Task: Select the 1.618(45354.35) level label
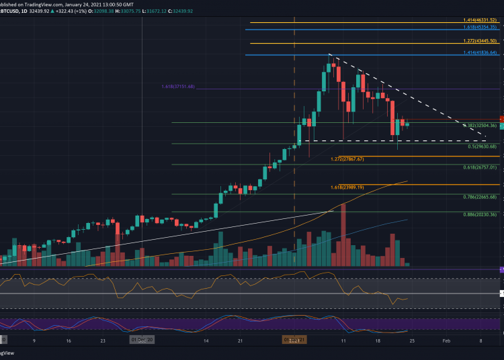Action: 478,28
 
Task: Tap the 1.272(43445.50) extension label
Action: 478,42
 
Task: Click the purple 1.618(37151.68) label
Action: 178,87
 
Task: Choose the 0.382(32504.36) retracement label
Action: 479,126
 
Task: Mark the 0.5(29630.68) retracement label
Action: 482,146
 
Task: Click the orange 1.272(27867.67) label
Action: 347,159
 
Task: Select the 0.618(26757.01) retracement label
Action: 479,167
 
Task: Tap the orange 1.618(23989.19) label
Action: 347,187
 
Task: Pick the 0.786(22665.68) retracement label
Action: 479,197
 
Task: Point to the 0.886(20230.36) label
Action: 479,215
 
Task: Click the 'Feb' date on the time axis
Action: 446,341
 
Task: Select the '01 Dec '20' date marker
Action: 142,341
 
